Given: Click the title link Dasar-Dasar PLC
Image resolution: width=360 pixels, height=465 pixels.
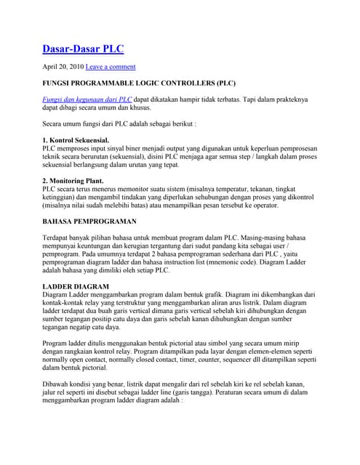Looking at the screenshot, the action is coord(82,49).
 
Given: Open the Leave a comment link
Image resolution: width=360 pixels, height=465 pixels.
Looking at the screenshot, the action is coord(111,66).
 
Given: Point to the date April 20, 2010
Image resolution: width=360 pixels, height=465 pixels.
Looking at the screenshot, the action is coord(63,66).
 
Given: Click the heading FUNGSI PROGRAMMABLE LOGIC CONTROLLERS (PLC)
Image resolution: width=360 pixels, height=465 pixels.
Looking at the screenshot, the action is coord(139,84).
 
